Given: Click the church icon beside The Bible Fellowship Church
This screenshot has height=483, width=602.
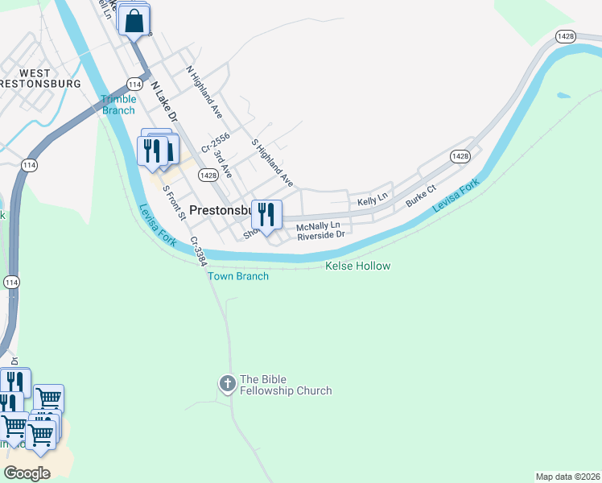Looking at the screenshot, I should pyautogui.click(x=228, y=385).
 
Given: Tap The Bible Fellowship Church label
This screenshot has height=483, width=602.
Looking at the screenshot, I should pyautogui.click(x=286, y=386).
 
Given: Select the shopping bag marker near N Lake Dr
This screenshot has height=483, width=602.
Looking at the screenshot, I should pyautogui.click(x=135, y=21).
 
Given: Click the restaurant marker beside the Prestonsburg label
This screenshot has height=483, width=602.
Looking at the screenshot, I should pyautogui.click(x=266, y=215).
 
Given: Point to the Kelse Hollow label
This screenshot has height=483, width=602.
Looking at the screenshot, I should pyautogui.click(x=357, y=266).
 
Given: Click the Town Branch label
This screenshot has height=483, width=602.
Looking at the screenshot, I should pyautogui.click(x=238, y=276).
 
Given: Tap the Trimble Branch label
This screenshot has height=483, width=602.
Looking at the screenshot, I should pyautogui.click(x=118, y=105).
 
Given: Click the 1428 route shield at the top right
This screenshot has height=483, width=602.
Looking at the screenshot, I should pyautogui.click(x=567, y=36).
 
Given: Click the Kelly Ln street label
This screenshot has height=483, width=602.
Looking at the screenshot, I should pyautogui.click(x=373, y=197).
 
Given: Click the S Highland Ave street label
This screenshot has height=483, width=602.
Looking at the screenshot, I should pyautogui.click(x=272, y=161).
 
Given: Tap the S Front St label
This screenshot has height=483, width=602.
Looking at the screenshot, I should pyautogui.click(x=174, y=203).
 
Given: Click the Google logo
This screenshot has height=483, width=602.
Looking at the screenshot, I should pyautogui.click(x=27, y=473).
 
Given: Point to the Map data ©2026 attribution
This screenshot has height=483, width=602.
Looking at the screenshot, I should pyautogui.click(x=567, y=477).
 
